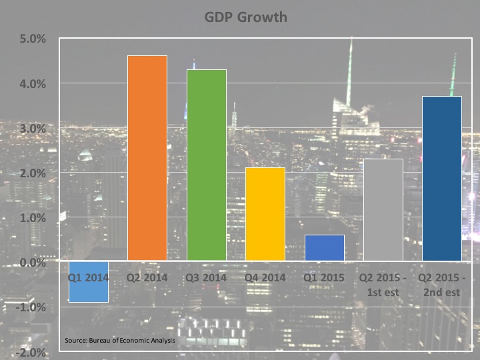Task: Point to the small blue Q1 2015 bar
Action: point(325,247)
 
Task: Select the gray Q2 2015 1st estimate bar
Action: point(383,209)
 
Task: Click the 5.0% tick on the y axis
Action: point(33,39)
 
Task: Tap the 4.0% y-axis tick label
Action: point(33,83)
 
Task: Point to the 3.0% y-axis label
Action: point(33,128)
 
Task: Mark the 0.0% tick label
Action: point(33,263)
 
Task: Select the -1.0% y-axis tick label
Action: point(31,307)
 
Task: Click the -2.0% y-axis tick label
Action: point(31,352)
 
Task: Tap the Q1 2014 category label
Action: point(88,277)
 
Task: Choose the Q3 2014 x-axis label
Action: point(207,277)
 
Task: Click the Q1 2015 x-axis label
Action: point(325,277)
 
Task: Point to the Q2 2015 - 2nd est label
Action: point(443,284)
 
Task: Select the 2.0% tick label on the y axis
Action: point(33,173)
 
